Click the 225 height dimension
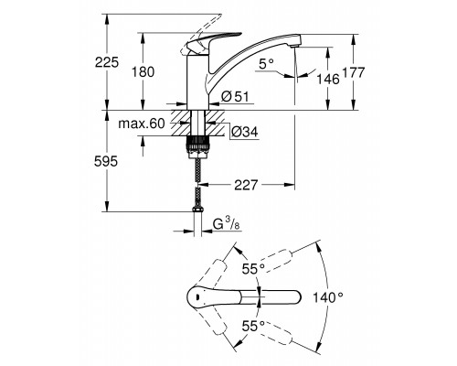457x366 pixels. point(106,62)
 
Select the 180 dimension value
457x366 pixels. point(143,72)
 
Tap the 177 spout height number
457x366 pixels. point(354,72)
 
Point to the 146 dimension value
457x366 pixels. point(327,80)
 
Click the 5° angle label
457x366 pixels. point(266,64)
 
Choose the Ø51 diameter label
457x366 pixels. point(235,97)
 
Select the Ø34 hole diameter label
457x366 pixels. point(244,132)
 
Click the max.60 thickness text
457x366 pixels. point(142,124)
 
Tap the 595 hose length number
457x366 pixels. point(106,161)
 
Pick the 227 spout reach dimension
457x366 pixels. point(246,185)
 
